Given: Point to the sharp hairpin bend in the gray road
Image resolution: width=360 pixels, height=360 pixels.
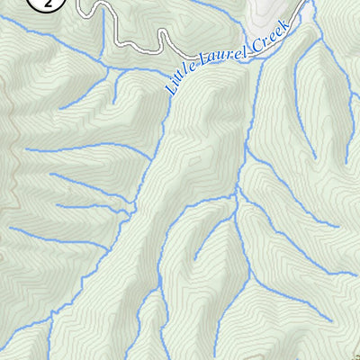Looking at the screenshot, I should (x=163, y=36).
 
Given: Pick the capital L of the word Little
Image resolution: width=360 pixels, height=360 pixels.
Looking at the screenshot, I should (x=169, y=89).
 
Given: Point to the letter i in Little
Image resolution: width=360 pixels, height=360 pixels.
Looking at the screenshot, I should (x=174, y=84).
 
